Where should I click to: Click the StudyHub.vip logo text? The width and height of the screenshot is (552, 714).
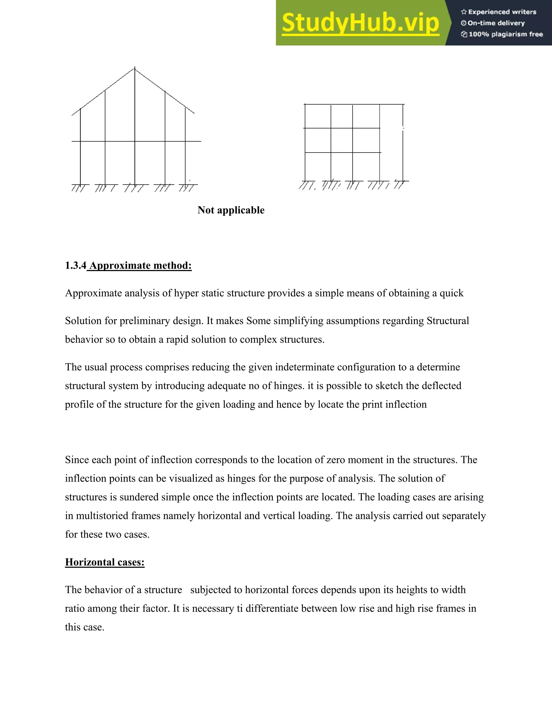(x=360, y=23)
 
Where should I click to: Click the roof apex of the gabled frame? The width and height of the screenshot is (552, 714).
(x=135, y=68)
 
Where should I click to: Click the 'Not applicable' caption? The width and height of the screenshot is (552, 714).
(x=231, y=210)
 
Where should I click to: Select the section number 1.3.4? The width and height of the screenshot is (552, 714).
(x=75, y=265)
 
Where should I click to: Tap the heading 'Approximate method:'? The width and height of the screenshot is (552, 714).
(x=140, y=265)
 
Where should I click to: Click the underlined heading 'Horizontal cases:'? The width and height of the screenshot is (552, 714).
(x=105, y=562)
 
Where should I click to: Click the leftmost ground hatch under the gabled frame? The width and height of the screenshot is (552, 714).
(x=80, y=188)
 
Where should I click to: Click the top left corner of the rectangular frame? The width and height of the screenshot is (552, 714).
(x=305, y=105)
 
